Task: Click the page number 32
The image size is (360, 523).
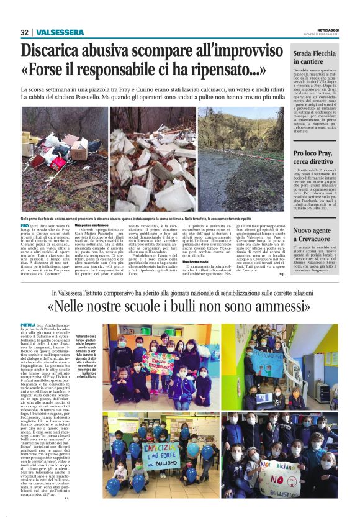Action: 24,32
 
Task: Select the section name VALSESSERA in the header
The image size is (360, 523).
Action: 60,32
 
